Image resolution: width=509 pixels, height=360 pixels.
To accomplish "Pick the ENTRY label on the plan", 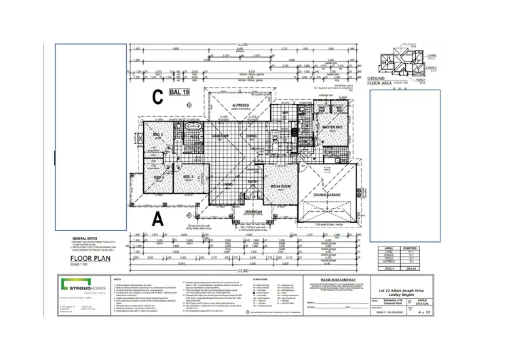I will [252, 181].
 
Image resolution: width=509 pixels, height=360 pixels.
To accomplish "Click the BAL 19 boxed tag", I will [180, 90].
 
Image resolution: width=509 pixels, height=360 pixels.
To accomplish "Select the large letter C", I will [157, 97].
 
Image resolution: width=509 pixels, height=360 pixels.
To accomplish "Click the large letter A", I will [157, 218].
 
